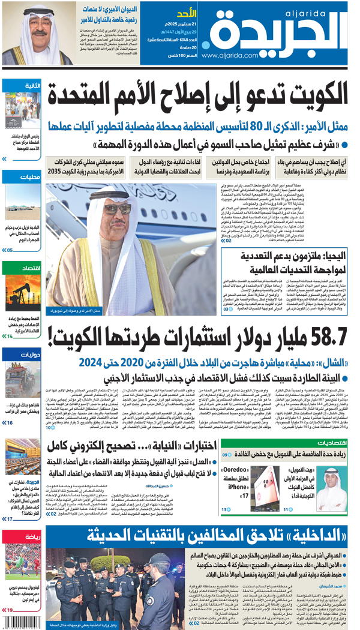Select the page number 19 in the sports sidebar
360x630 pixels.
coord(9,610)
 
